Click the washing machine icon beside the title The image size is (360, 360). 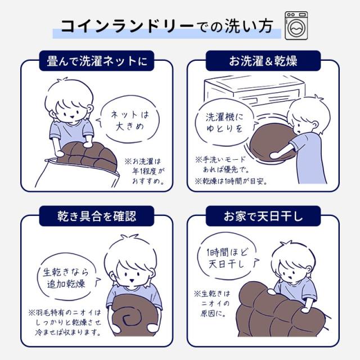[296, 25]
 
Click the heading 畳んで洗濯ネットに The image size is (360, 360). [97, 61]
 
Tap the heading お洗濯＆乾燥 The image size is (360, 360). [263, 61]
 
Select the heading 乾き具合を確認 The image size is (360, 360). [97, 216]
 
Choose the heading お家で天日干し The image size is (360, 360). [263, 216]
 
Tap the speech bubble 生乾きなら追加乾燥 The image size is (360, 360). [66, 277]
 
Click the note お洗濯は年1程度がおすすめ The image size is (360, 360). [145, 171]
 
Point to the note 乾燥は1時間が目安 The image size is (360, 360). [231, 181]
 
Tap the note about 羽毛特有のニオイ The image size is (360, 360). [65, 322]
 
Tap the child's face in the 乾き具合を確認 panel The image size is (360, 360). [132, 273]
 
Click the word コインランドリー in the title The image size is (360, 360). [128, 26]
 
